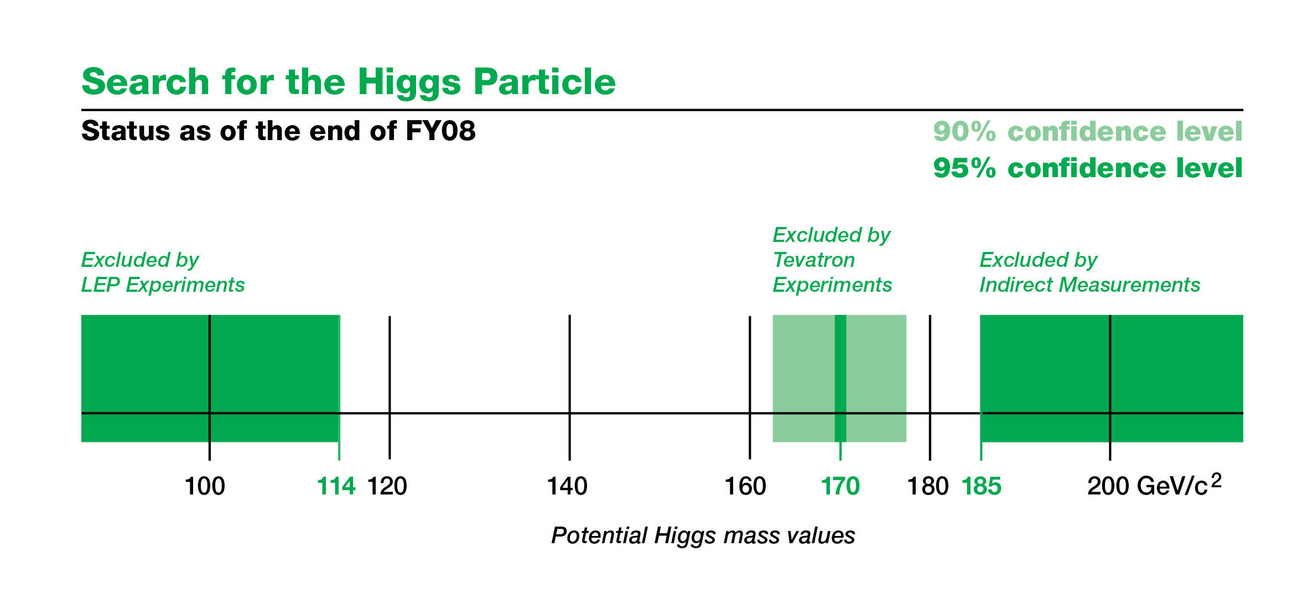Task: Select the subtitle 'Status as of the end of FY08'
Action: (x=278, y=131)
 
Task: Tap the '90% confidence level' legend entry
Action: (x=1088, y=132)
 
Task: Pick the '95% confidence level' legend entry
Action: (x=1088, y=168)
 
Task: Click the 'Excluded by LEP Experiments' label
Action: (x=163, y=272)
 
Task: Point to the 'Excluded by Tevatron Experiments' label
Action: (x=832, y=260)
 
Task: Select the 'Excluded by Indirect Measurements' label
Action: (x=1089, y=272)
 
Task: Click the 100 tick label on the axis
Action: (x=205, y=486)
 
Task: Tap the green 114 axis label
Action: (x=336, y=486)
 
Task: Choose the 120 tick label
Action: (x=387, y=486)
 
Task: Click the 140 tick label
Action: (x=567, y=486)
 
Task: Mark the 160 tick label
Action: (x=745, y=486)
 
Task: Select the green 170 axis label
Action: (x=840, y=486)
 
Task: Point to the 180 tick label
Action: (x=928, y=486)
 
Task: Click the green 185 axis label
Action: (x=982, y=486)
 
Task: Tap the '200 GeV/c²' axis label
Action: (x=1155, y=484)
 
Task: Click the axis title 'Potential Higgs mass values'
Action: (x=703, y=535)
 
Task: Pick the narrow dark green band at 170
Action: (x=840, y=378)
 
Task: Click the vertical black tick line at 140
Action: (x=569, y=387)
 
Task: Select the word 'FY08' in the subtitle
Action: (x=440, y=131)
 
